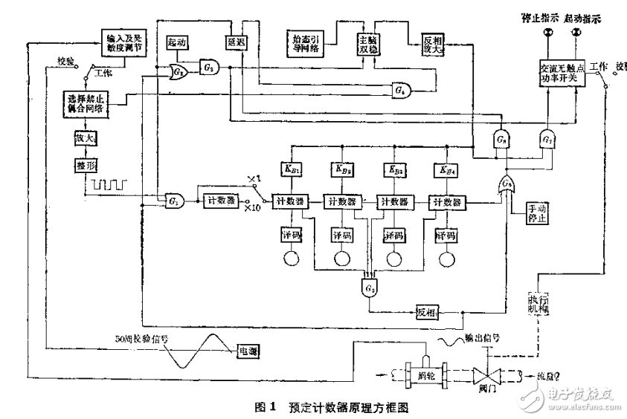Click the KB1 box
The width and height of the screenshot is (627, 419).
[x=290, y=169]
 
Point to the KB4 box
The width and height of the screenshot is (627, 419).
[x=446, y=169]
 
